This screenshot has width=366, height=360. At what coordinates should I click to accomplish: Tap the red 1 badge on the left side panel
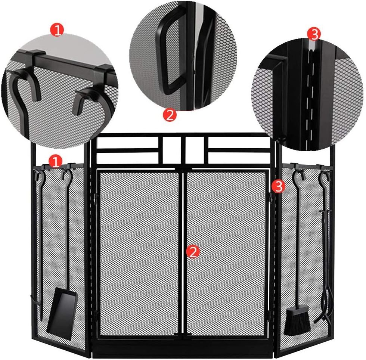pyautogui.click(x=56, y=161)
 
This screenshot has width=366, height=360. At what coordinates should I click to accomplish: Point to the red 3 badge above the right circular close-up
pyautogui.click(x=314, y=34)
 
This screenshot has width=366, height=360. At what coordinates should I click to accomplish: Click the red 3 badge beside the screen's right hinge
pyautogui.click(x=279, y=186)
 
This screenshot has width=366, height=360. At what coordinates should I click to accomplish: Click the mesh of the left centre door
pyautogui.click(x=139, y=254)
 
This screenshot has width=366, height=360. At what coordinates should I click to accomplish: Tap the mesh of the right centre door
pyautogui.click(x=226, y=254)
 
